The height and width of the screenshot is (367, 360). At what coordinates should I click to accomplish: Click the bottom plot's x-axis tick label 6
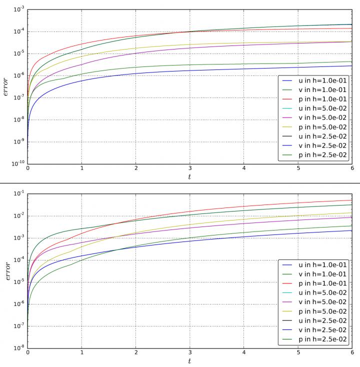(351, 354)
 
